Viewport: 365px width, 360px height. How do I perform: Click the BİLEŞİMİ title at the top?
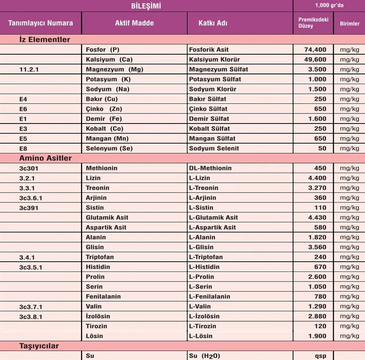click(x=146, y=6)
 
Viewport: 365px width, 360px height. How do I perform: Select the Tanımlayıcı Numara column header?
click(x=41, y=23)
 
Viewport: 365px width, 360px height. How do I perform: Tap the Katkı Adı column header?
click(x=202, y=23)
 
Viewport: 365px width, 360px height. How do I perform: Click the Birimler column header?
click(x=349, y=24)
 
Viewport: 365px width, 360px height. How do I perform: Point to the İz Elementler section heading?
click(x=45, y=39)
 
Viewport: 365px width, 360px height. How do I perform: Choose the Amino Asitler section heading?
click(x=45, y=158)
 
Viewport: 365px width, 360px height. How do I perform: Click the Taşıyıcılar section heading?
click(x=39, y=346)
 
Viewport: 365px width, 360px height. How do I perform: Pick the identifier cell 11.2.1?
click(x=29, y=69)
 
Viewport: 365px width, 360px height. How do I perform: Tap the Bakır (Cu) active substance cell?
click(x=102, y=99)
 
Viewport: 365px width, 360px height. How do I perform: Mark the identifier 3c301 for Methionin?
click(x=29, y=168)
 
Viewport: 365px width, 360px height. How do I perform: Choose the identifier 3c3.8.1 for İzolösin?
click(x=31, y=316)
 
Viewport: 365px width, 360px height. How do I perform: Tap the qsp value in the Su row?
click(x=320, y=356)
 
